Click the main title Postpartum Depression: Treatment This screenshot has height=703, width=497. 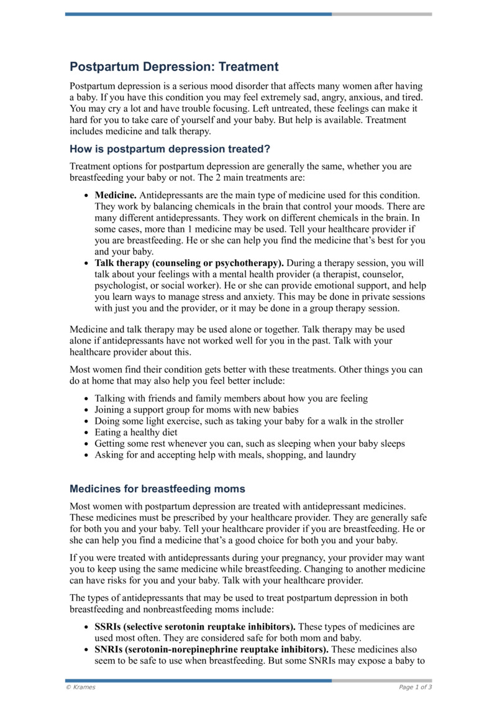[x=174, y=67]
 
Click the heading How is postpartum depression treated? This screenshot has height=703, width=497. [x=170, y=149]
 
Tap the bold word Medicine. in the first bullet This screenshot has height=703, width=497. [x=116, y=195]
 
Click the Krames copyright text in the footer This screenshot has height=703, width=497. [x=81, y=687]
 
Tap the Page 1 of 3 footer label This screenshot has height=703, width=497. [x=415, y=687]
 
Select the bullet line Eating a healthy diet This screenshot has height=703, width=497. [x=136, y=432]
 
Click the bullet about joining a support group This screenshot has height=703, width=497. [x=196, y=410]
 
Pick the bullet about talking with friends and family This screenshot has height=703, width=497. [x=231, y=398]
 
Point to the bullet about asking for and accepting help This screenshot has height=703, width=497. [x=225, y=454]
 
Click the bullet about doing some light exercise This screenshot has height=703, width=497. [x=248, y=421]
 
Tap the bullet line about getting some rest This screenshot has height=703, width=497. [x=250, y=443]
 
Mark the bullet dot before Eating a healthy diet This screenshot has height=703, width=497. [x=85, y=433]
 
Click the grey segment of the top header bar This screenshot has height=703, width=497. [x=381, y=14]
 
